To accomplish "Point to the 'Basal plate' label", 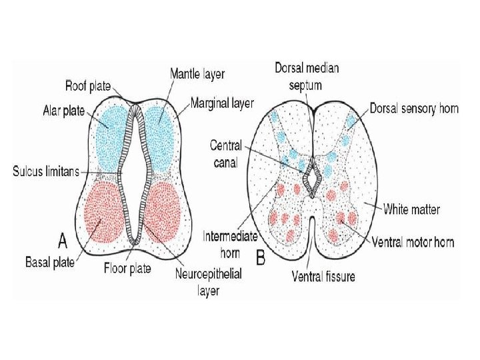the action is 51,262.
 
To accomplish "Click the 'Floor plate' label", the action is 127,269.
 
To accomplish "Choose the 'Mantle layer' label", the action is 197,73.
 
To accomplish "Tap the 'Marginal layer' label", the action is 222,103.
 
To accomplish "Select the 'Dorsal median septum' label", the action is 307,76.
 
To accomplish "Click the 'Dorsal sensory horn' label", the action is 414,108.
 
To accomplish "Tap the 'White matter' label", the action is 411,209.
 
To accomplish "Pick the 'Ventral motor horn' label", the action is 413,241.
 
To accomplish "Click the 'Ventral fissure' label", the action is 323,276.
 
